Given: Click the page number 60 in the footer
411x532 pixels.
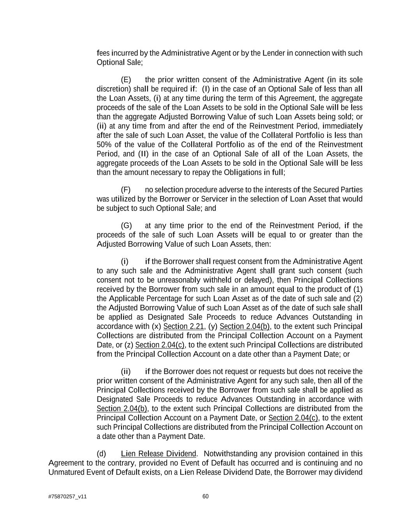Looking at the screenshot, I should pos(206,496).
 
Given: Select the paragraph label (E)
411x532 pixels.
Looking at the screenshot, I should pos(126,80).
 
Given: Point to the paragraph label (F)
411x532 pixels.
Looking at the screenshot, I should pos(126,190).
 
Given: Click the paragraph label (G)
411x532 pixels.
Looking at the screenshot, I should pos(126,226).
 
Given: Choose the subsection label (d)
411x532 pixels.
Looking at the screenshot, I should pos(101,454).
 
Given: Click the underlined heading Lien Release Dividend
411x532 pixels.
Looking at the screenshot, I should pos(158,454).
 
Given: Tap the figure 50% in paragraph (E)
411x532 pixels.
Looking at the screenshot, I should pos(104,145).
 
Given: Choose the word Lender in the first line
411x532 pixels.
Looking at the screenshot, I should pos(273,53).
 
